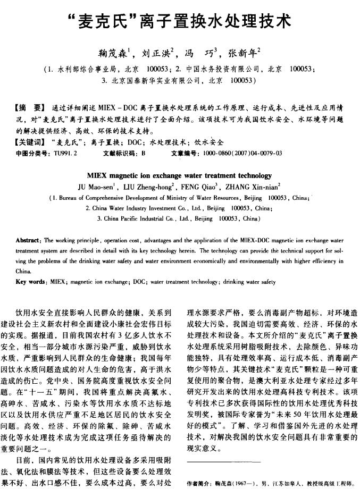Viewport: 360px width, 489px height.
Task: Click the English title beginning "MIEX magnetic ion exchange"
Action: (179, 175)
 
